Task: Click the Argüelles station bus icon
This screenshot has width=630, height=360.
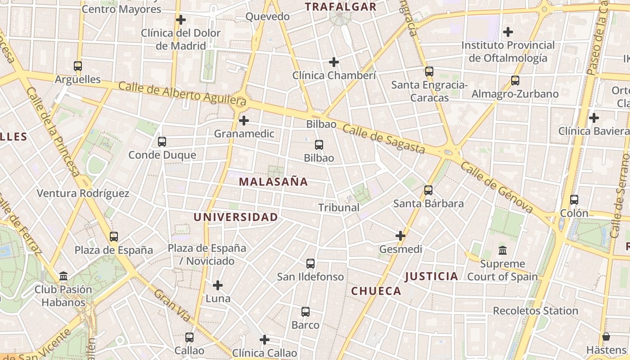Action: (x=78, y=66)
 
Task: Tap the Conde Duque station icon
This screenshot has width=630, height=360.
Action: (x=162, y=142)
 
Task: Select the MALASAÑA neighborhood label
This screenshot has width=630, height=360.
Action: (x=273, y=182)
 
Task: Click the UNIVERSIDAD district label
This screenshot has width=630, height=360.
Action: (x=236, y=217)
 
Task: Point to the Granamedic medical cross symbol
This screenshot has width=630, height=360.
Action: (x=244, y=121)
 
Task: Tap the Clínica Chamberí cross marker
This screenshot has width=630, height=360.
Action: (x=334, y=62)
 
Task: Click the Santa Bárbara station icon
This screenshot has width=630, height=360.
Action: (x=428, y=190)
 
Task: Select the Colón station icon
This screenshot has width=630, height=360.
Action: (x=574, y=200)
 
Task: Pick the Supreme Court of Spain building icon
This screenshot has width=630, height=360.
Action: (x=503, y=250)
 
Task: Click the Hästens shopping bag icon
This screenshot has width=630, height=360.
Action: (x=606, y=337)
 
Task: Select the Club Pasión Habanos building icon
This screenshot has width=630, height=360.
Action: (x=63, y=276)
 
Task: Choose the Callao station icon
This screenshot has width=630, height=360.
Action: (x=189, y=337)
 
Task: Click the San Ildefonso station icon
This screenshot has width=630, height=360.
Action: (x=310, y=264)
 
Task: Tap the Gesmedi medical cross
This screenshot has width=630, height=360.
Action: (x=400, y=236)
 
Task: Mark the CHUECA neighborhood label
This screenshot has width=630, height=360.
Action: (x=376, y=291)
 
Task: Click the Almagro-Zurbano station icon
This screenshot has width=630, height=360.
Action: (x=515, y=81)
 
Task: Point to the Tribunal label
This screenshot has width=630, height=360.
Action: (x=339, y=207)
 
